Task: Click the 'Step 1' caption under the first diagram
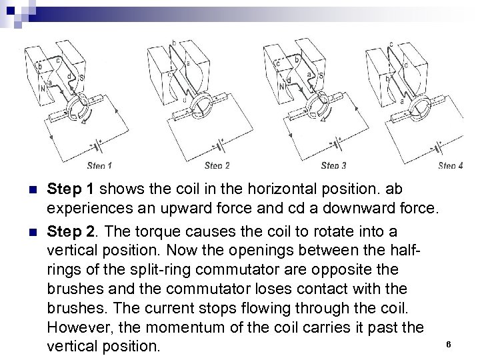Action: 99,165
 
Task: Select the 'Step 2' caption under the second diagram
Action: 217,165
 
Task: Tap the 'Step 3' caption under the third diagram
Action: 334,165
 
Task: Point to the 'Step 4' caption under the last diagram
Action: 451,165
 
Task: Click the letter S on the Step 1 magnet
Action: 81,77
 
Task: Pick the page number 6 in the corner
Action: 449,344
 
